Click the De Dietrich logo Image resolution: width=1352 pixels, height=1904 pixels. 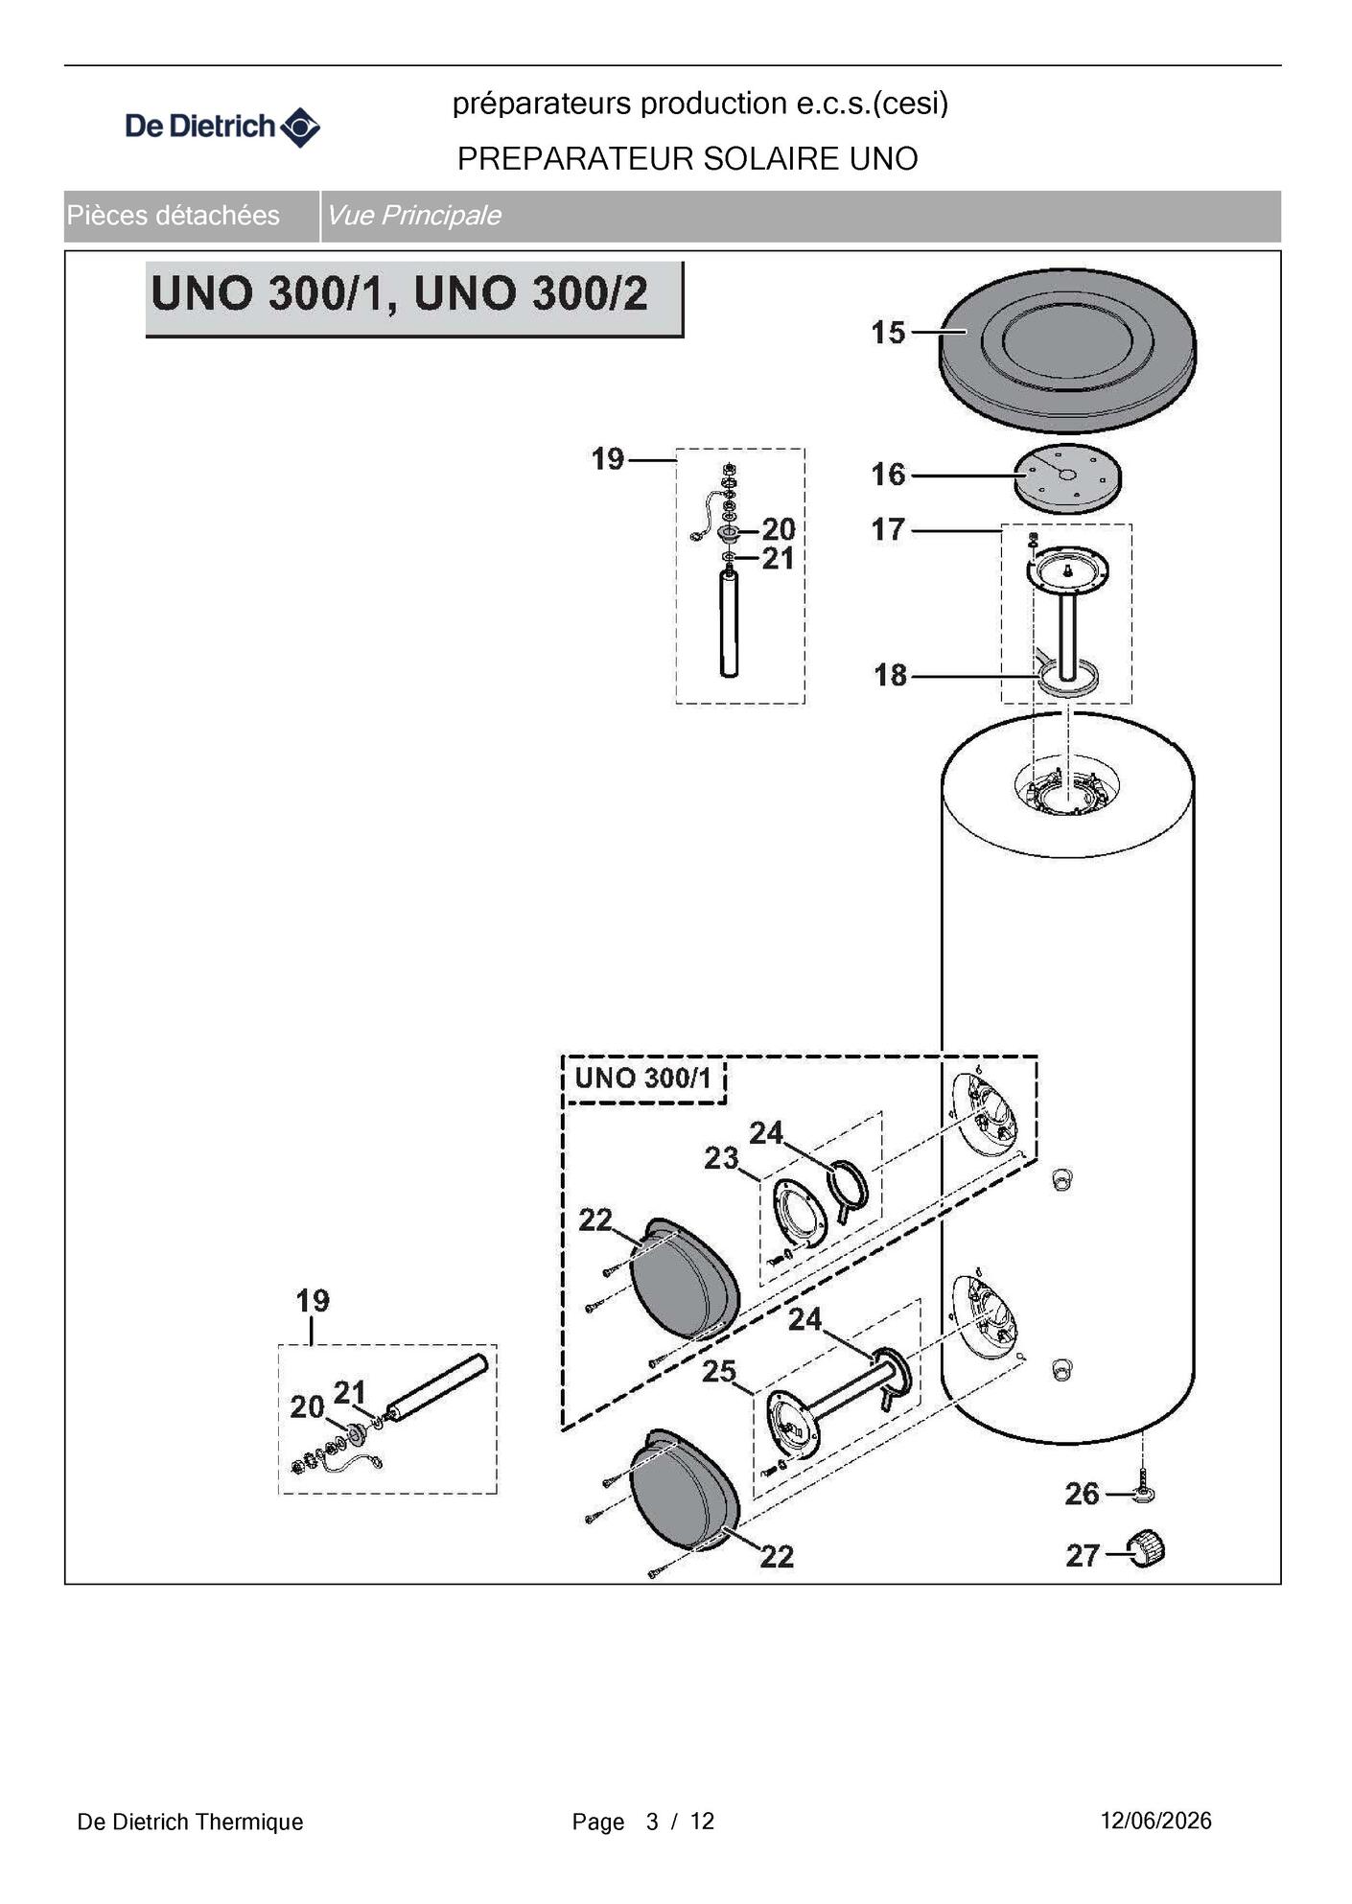222,127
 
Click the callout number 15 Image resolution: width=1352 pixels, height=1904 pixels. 888,333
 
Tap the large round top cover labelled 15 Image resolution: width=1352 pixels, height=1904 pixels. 1067,350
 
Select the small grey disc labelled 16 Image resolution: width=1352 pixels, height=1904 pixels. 1067,477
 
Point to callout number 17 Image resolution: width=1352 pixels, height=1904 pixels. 888,529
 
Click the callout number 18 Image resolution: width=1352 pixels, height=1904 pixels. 890,675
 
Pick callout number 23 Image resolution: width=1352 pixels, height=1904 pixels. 721,1158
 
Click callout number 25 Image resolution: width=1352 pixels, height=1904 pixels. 719,1371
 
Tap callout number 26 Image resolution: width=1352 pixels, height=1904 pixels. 1083,1494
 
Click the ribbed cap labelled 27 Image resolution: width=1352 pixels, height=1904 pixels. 1147,1549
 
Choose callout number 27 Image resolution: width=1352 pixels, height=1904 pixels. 1083,1555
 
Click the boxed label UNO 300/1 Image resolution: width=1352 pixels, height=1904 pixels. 643,1078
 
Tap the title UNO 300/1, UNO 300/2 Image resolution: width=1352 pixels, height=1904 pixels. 400,293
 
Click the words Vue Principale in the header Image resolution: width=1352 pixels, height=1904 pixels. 413,216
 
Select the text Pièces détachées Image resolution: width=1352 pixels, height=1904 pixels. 174,216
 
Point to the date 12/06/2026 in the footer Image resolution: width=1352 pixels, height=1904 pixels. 1155,1821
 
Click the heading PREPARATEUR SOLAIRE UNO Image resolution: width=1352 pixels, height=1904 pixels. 688,158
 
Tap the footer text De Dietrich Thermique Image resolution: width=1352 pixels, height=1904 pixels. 190,1822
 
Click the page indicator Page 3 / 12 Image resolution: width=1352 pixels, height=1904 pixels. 643,1822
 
